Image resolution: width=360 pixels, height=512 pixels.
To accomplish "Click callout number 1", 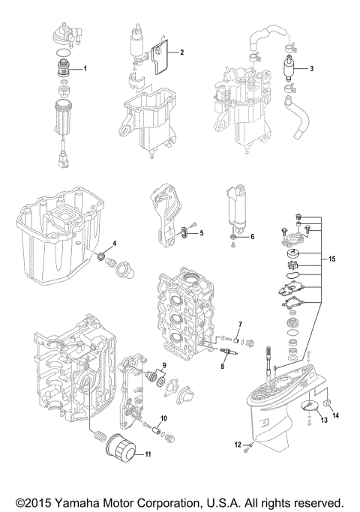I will pos(85,69).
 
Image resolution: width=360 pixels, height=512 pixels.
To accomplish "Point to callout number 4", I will pos(114,244).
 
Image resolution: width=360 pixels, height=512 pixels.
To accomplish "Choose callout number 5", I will pos(201,235).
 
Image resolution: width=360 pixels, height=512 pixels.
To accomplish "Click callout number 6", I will pos(252,237).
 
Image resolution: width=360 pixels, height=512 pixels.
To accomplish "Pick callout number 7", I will pos(239,325).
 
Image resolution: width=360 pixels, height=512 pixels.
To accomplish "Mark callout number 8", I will pos(223,366).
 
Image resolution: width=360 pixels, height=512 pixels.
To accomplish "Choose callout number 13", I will pos(304,421).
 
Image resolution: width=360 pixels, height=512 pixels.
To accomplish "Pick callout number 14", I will pos(336,415).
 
